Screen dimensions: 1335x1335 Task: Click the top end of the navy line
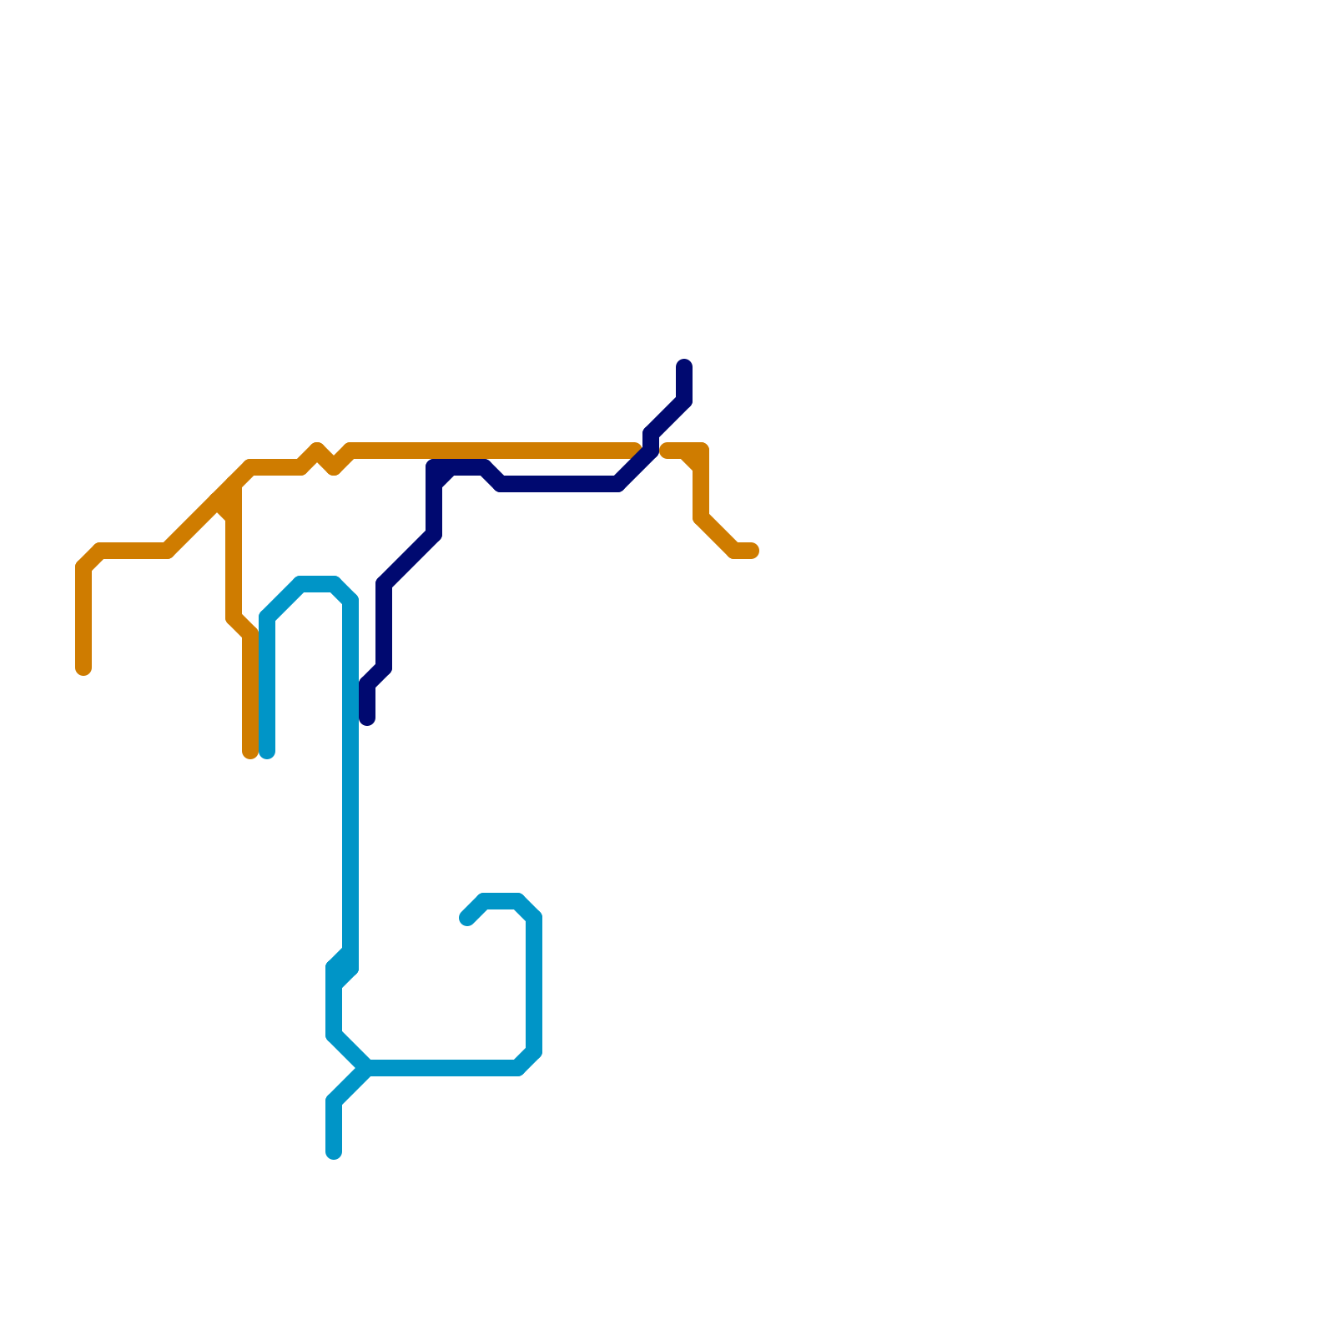click(684, 365)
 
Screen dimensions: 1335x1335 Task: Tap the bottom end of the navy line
click(367, 718)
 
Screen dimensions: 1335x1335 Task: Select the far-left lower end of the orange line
click(83, 668)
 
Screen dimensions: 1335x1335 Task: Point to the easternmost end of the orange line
click(752, 551)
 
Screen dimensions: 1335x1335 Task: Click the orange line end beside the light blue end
click(249, 753)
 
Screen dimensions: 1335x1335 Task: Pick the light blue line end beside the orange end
click(267, 753)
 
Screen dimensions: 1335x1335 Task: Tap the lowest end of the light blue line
click(334, 1153)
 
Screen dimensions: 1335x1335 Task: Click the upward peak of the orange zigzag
click(316, 451)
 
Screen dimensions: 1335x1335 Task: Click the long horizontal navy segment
click(559, 484)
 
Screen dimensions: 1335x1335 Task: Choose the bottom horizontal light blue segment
click(442, 1068)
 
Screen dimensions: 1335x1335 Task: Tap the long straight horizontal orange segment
click(492, 451)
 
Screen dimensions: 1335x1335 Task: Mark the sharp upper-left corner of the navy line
click(435, 467)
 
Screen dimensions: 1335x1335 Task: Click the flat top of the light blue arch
click(317, 584)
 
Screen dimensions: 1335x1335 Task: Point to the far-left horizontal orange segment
click(133, 551)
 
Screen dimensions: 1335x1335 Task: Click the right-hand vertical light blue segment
click(534, 985)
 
